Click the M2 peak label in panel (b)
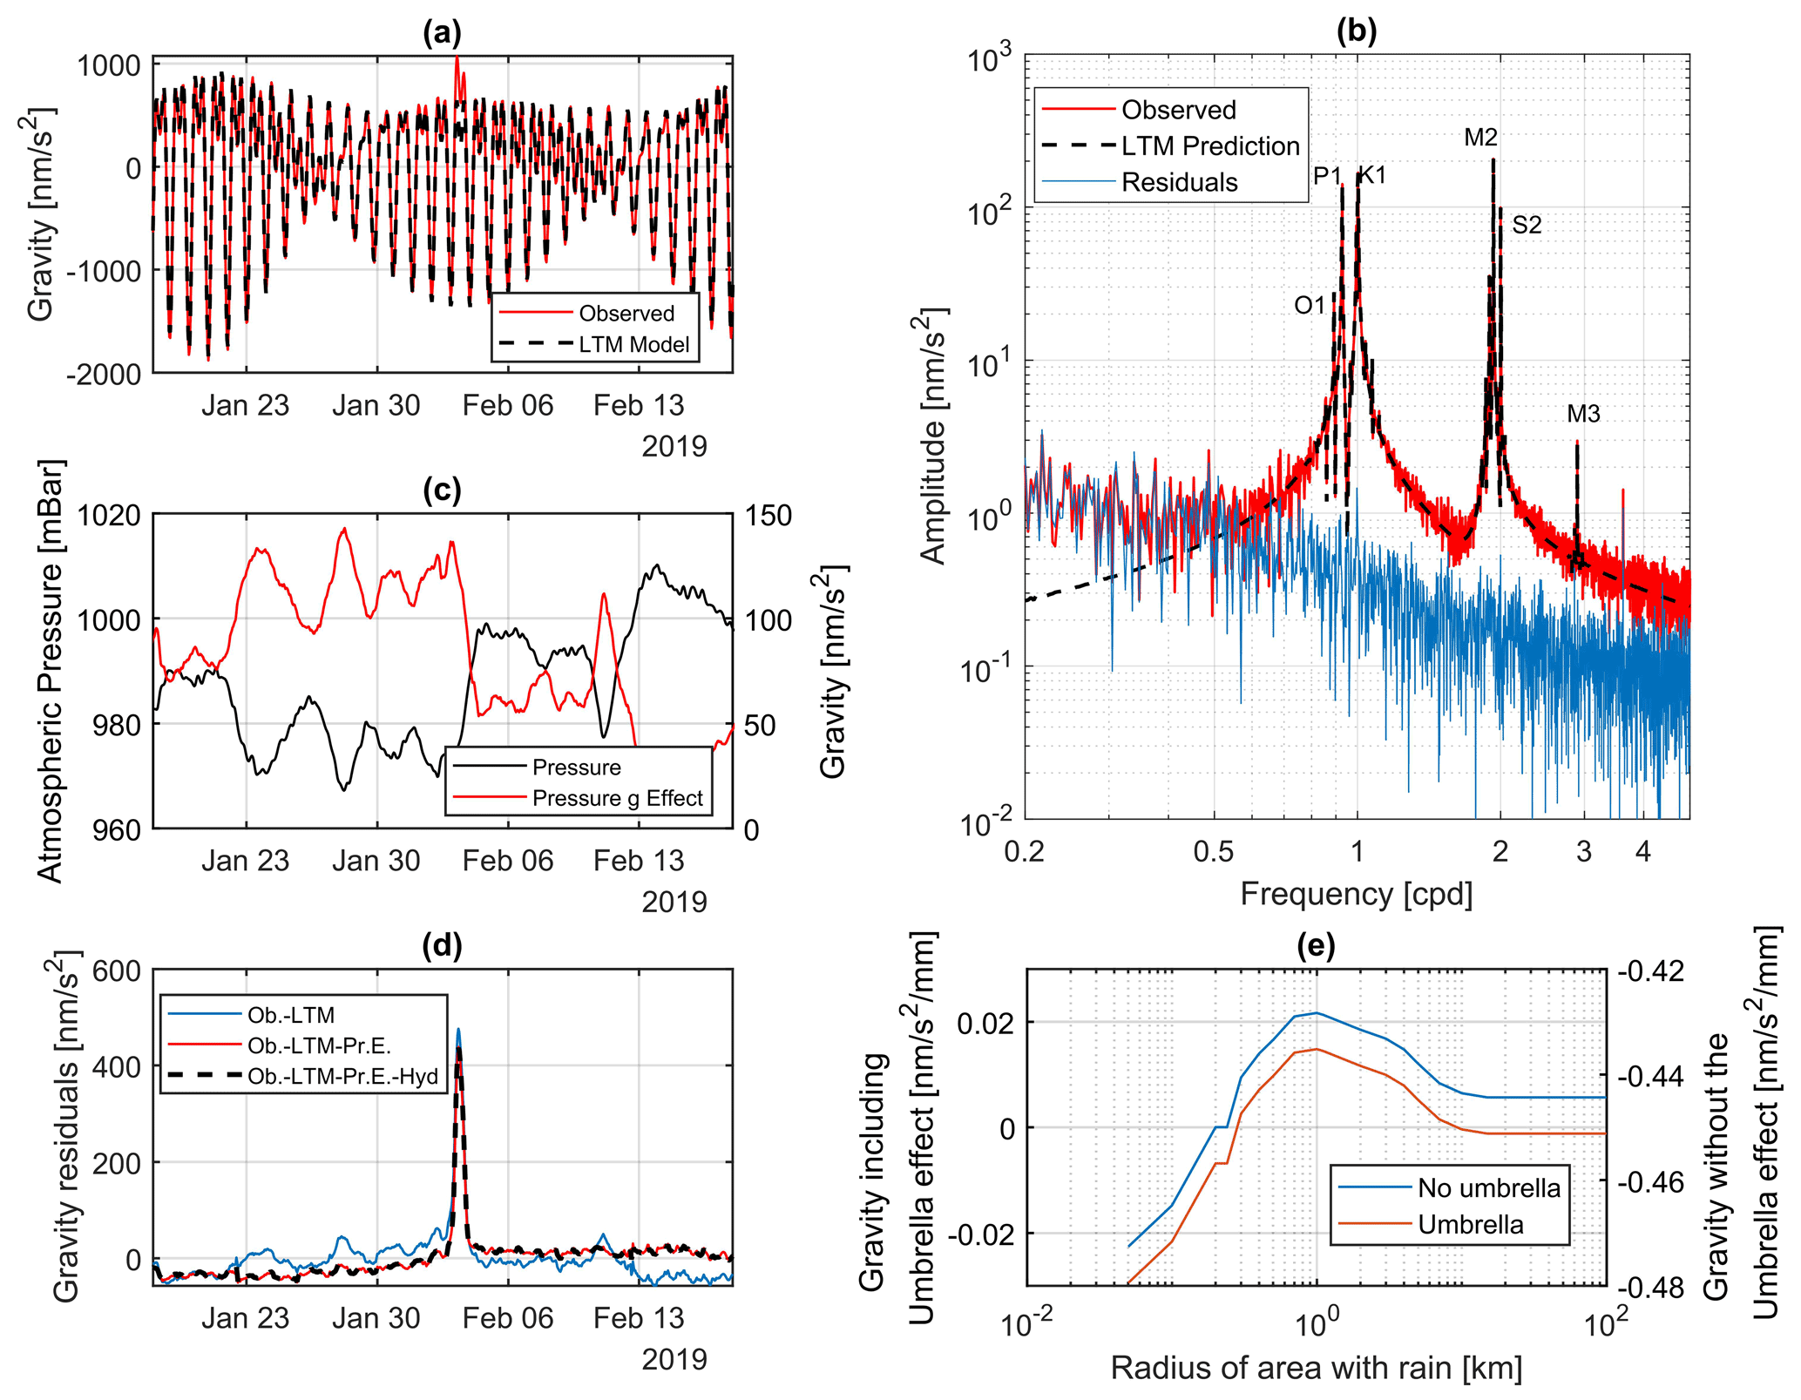pos(1480,137)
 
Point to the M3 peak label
pos(1583,414)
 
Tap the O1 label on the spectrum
pos(1310,305)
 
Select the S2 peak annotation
pos(1527,225)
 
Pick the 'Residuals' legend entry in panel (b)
pos(1179,182)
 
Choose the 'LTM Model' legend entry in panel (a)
pos(634,344)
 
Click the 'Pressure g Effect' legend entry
pos(617,798)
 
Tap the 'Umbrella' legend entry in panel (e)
pos(1471,1224)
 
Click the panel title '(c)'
pos(442,490)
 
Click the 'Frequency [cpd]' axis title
pos(1357,894)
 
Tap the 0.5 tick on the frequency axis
pos(1214,851)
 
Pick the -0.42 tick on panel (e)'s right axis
pos(1650,971)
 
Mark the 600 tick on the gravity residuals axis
pos(117,971)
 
